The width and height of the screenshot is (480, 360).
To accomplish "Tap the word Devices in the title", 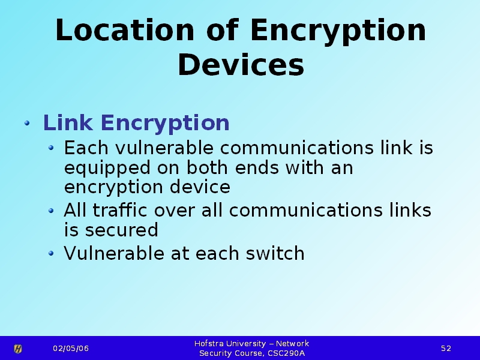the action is point(241,65).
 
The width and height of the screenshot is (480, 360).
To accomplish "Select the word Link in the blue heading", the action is point(68,123).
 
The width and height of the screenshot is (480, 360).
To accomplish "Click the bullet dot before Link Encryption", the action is point(27,123).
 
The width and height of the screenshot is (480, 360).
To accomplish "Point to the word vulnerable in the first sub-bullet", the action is point(164,148).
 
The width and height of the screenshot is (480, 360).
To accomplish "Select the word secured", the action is point(121,230).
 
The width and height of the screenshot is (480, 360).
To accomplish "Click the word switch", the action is point(275,253).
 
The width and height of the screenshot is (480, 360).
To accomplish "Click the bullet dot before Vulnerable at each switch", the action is point(51,253).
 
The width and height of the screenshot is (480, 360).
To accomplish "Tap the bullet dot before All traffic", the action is point(51,211).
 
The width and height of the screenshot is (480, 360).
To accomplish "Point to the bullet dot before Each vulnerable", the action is point(51,148).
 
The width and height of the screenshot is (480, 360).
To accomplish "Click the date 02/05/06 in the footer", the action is point(71,349).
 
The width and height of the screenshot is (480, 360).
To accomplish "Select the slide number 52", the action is point(446,349).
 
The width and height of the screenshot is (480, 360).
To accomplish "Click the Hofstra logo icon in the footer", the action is point(18,349).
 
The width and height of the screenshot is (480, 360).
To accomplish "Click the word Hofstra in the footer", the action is point(208,343).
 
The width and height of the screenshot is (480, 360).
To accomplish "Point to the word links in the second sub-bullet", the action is point(410,210).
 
